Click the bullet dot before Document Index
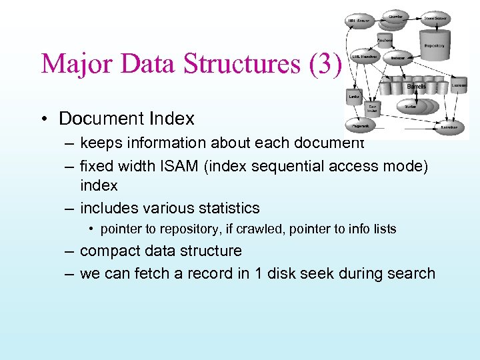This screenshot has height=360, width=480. click(43, 119)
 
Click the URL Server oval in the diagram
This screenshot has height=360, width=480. click(358, 21)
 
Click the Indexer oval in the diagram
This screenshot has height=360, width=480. click(398, 58)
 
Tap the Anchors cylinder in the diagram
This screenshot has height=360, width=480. click(385, 39)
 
